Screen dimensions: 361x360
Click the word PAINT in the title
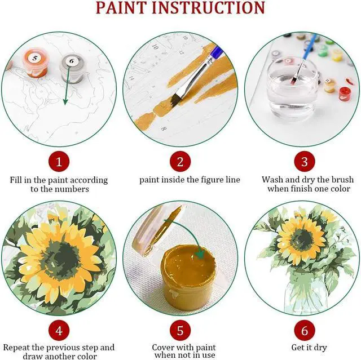click(x=122, y=7)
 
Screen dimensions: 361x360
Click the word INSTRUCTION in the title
click(x=209, y=7)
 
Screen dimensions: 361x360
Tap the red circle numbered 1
click(x=59, y=161)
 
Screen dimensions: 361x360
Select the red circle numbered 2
click(x=180, y=161)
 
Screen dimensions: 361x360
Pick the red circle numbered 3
click(x=305, y=161)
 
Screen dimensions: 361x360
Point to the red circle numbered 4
click(x=59, y=331)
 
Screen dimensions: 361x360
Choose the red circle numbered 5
click(x=180, y=331)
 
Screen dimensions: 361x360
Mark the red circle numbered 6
click(x=305, y=331)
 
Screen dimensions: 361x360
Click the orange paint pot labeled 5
click(x=36, y=63)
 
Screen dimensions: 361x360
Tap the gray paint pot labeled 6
click(x=72, y=68)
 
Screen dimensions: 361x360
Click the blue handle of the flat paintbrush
click(x=217, y=51)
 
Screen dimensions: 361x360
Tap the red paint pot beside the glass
click(x=345, y=94)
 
